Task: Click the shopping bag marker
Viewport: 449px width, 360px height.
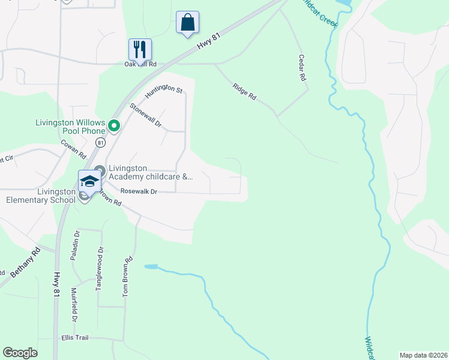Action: [187, 23]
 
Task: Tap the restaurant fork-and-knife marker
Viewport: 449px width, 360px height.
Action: [140, 50]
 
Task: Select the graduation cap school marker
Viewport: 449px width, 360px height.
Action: [89, 181]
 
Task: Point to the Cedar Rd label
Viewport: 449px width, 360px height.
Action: [303, 68]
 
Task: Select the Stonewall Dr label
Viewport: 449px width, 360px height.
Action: [146, 116]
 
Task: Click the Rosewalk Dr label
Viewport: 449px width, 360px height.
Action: [139, 191]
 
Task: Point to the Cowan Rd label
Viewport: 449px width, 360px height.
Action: [74, 149]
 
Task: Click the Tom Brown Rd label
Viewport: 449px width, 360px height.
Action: [127, 277]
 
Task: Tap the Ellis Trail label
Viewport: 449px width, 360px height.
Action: [74, 338]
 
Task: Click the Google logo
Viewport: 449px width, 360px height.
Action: [20, 352]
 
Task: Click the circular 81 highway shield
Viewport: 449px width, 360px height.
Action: [100, 142]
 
